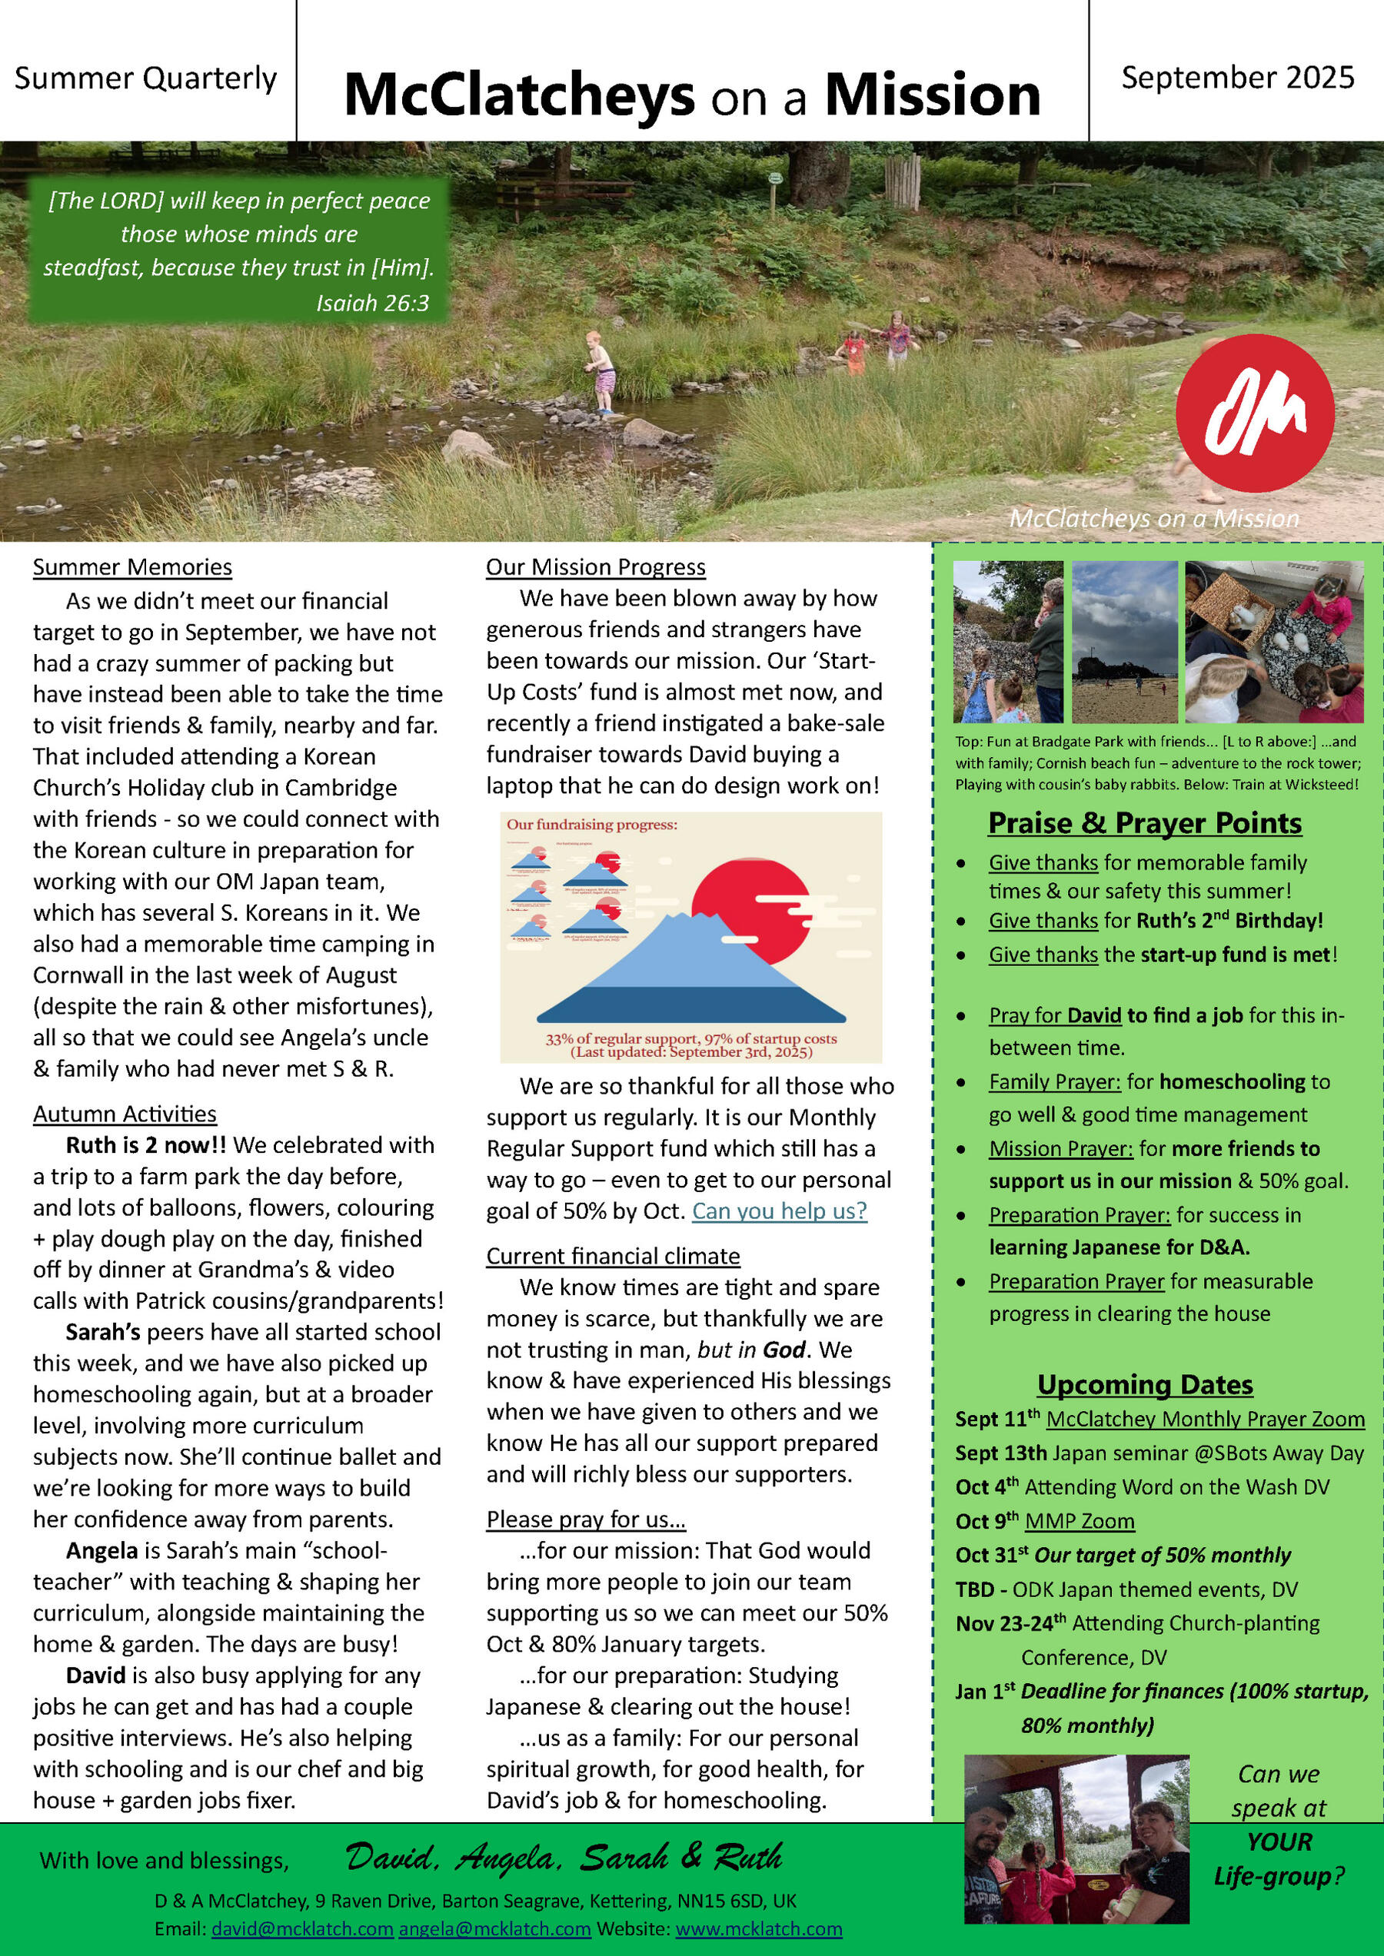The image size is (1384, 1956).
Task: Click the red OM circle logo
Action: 1255,413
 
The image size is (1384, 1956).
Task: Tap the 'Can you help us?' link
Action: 779,1210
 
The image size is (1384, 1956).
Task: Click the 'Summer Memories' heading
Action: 132,567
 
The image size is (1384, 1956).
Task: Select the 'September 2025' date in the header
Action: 1237,78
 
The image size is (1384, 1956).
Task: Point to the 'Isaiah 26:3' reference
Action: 372,302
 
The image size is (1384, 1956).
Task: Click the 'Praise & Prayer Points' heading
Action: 1145,823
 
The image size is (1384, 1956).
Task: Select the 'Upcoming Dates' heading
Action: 1145,1384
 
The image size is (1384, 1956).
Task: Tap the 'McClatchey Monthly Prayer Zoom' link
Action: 1205,1420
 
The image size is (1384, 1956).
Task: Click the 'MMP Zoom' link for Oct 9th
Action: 1079,1522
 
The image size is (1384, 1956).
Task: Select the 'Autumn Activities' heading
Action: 125,1114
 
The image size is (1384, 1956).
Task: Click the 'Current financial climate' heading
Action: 613,1257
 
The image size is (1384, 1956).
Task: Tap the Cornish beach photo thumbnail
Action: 1124,642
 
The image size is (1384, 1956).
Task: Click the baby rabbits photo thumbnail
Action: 1273,642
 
